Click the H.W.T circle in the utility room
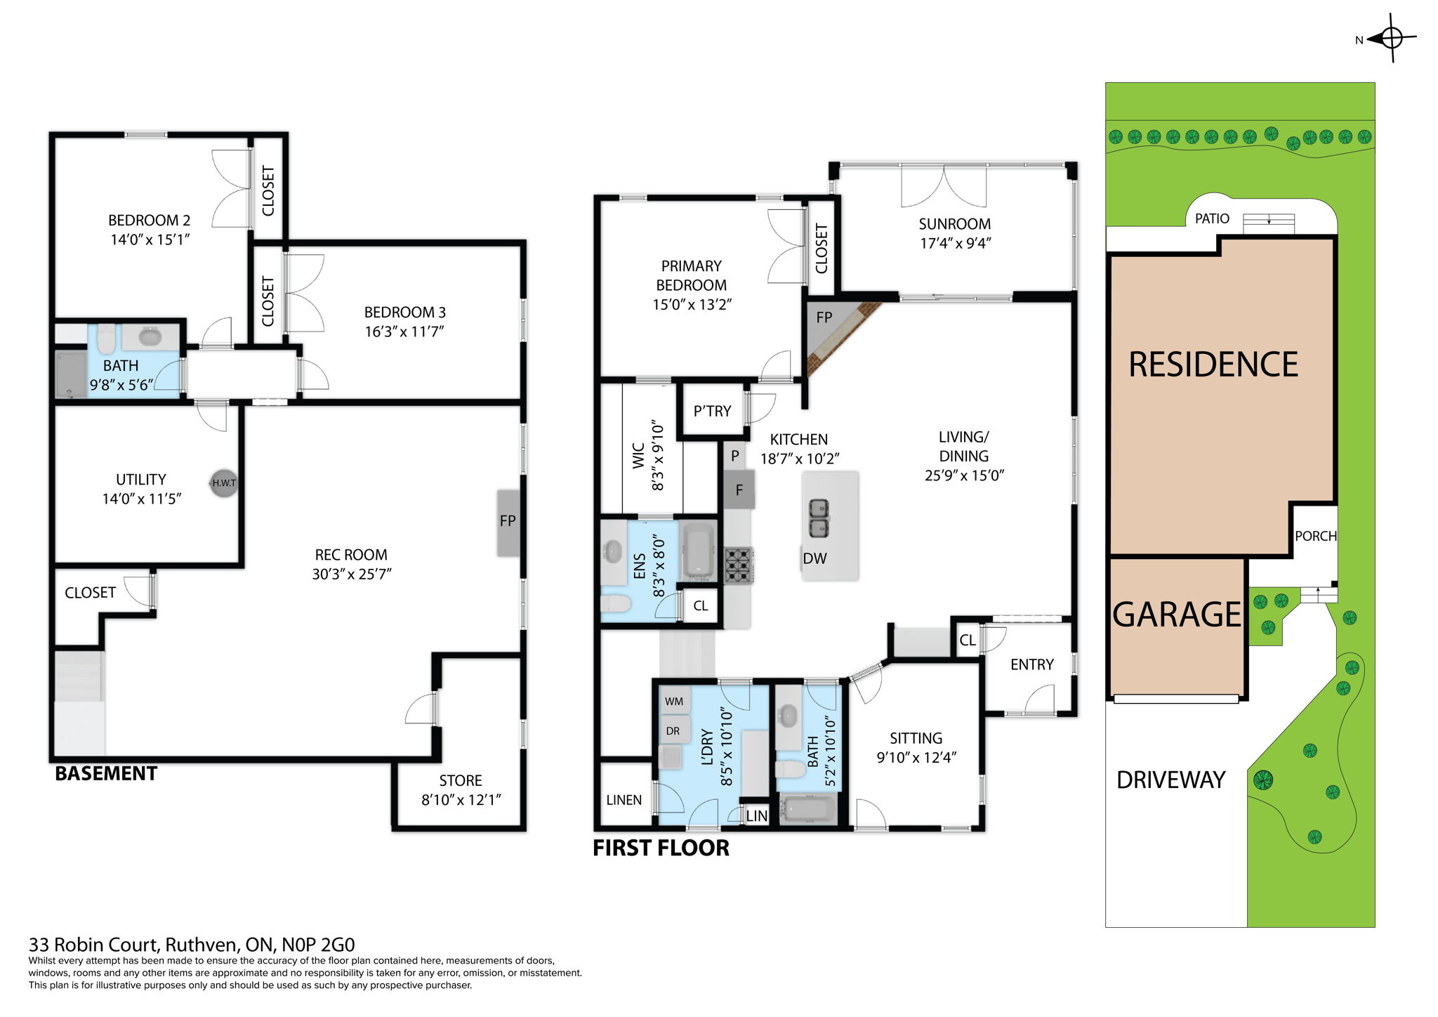tap(224, 483)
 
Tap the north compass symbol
tap(1391, 38)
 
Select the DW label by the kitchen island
tap(814, 558)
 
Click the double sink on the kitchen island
tap(819, 518)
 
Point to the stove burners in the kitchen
tap(738, 565)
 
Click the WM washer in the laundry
tap(674, 701)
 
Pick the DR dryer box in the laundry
tap(673, 731)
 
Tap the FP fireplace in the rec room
tap(508, 522)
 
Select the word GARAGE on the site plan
tap(1177, 615)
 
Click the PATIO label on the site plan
tap(1212, 218)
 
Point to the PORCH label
tap(1315, 536)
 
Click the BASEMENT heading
tap(106, 773)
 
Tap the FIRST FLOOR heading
tap(661, 848)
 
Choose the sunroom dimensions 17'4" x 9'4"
tap(955, 243)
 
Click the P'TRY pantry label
tap(712, 411)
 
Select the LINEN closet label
tap(624, 800)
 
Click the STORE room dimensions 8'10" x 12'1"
tap(461, 800)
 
